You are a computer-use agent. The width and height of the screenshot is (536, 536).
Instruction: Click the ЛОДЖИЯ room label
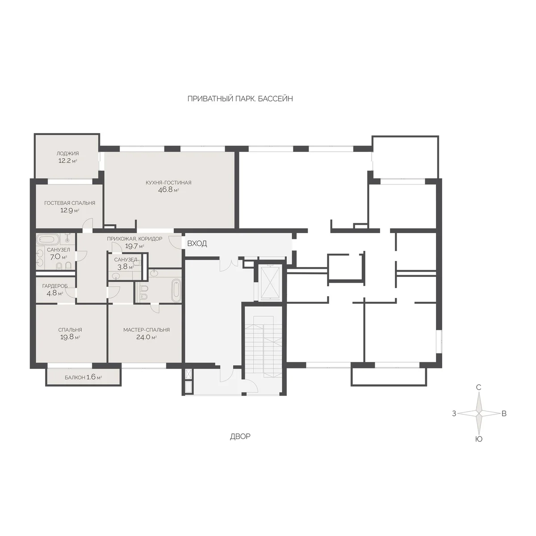coord(67,153)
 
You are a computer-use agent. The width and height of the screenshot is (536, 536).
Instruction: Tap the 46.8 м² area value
coord(168,190)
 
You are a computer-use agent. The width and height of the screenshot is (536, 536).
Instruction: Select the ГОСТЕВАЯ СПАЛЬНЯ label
coord(70,203)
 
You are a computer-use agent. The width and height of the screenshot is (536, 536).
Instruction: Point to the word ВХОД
coord(197,244)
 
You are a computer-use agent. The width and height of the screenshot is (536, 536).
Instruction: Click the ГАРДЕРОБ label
coord(55,286)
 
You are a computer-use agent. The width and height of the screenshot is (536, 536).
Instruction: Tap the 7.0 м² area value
coord(59,257)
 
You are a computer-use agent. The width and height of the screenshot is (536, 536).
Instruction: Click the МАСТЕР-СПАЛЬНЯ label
coord(147,330)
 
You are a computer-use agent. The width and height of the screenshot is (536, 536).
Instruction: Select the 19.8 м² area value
coord(70,337)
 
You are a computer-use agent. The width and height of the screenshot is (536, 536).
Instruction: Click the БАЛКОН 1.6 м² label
coord(83,377)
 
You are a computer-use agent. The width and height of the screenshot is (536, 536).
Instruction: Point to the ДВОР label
coord(240,436)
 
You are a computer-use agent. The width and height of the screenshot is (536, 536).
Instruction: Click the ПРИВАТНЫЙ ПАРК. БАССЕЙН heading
coord(240,99)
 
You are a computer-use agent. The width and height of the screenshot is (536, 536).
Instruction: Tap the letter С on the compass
coord(479,387)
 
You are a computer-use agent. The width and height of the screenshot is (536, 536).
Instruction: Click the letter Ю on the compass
coord(479,439)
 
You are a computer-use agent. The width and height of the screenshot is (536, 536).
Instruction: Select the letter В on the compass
coord(504,414)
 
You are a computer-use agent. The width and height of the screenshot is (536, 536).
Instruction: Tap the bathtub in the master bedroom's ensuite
coord(176,291)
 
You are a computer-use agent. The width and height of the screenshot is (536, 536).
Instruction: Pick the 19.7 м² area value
coord(134,246)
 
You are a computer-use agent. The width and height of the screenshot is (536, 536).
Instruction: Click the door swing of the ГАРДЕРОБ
coord(72,292)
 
